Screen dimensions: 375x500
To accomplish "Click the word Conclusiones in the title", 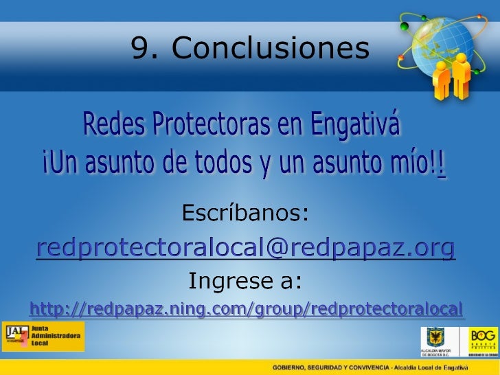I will pos(271,48).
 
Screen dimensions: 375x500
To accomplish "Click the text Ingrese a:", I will pos(245,281).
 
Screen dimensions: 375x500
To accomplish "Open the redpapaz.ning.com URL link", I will pos(246,310).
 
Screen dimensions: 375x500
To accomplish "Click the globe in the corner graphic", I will pos(444,41).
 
